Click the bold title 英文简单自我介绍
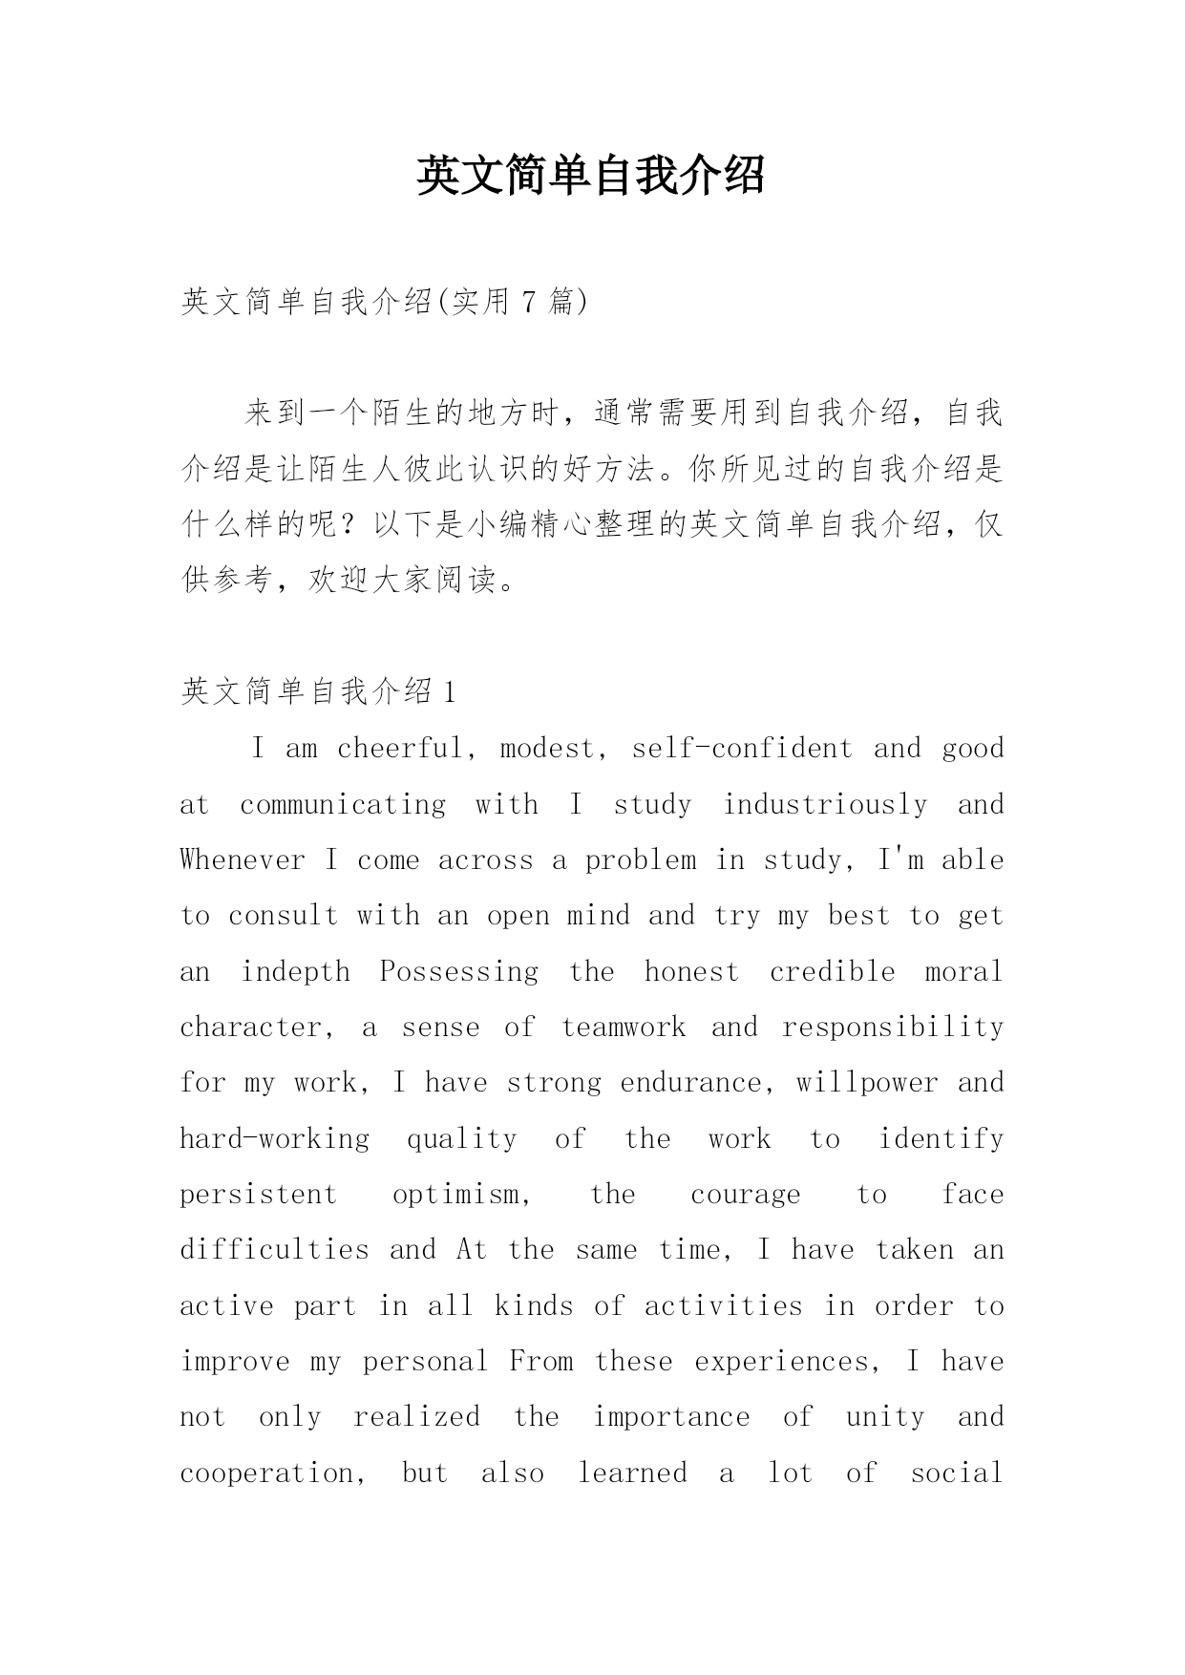pos(591,176)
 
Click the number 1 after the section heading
pos(450,690)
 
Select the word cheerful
pos(399,748)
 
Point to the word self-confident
pos(742,748)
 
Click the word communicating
pos(343,804)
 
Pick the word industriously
pos(825,804)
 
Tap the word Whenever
pos(243,859)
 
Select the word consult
pos(284,916)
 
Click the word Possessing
pos(459,971)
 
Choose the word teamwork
pos(624,1028)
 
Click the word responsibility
pos(893,1028)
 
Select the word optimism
pos(462,1195)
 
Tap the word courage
pos(746,1195)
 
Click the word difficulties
pos(274,1250)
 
